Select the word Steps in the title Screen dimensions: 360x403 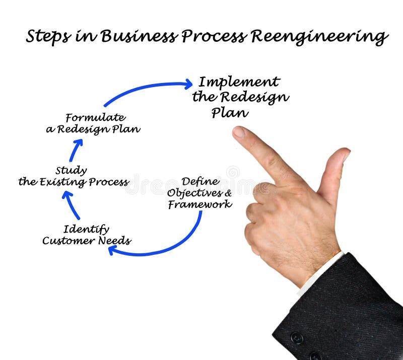coord(48,37)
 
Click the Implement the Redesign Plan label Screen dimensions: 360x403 coord(240,97)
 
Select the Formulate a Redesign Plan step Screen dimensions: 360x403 coord(93,123)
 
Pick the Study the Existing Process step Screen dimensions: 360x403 coord(73,176)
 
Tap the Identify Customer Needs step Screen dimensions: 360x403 coord(87,235)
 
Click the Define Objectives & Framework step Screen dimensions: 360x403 coord(200,193)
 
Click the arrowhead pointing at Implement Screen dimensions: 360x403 coord(187,84)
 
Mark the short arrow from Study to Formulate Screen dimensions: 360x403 coord(76,150)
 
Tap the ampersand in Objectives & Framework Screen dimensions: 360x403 coord(228,193)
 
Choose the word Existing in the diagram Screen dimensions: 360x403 coord(59,182)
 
